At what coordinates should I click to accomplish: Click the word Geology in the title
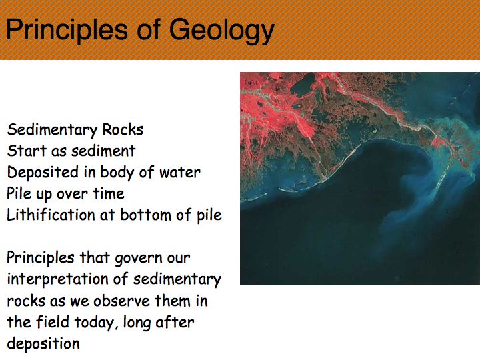point(221,31)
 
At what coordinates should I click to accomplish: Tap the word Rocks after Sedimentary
point(123,129)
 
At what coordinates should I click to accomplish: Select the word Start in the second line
point(27,151)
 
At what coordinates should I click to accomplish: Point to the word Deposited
point(43,173)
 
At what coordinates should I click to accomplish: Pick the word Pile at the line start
point(19,193)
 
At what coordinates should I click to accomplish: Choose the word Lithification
point(51,215)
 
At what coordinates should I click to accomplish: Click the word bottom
point(145,215)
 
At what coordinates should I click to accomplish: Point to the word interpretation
point(57,280)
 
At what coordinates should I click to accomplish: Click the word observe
point(121,301)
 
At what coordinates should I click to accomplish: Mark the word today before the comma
point(95,323)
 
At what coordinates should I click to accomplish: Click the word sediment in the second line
point(103,151)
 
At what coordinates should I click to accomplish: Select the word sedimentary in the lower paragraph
point(177,280)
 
